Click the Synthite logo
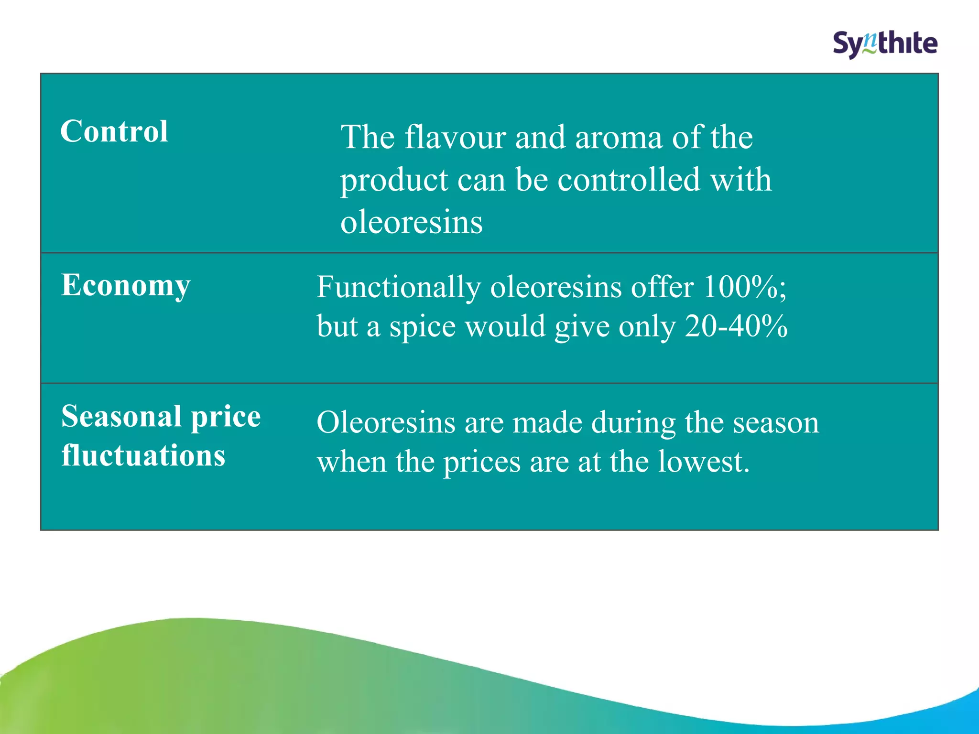(x=885, y=44)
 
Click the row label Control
(x=114, y=131)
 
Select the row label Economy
(x=126, y=286)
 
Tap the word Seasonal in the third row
(x=121, y=416)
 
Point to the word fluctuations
(x=143, y=455)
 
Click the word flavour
(x=455, y=138)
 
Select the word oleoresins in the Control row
(x=412, y=222)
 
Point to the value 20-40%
(x=736, y=327)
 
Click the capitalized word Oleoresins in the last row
(x=386, y=423)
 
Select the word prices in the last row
(x=482, y=463)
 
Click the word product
(x=394, y=181)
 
